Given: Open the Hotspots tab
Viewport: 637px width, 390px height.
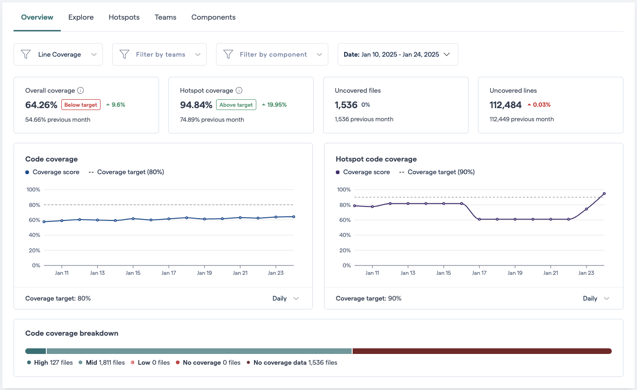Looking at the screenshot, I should [124, 17].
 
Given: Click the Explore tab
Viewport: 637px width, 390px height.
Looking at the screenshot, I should [81, 17].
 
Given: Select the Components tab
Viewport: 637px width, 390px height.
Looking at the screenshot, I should [213, 17].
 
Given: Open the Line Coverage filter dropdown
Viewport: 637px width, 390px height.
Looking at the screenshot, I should [58, 54].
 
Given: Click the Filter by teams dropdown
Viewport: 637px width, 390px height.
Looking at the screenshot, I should [159, 54].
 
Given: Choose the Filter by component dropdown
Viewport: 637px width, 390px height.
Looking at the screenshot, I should [272, 54].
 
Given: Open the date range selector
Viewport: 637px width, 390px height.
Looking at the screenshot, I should [398, 54].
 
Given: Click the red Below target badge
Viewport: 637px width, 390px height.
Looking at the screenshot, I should [81, 105].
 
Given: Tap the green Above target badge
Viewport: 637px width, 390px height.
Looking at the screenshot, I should [236, 105].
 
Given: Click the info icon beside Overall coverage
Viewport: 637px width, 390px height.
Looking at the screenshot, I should [80, 90].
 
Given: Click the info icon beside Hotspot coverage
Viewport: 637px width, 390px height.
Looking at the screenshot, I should [239, 90].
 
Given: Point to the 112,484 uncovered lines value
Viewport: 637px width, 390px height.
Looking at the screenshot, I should [505, 105].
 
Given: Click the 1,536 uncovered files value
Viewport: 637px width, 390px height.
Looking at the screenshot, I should [346, 105].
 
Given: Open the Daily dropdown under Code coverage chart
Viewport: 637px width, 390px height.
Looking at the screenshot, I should [285, 298].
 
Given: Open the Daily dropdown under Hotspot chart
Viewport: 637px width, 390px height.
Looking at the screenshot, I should [596, 298].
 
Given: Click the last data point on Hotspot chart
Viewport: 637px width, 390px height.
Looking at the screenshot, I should [604, 193].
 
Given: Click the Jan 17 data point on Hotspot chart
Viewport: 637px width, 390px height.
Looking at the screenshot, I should [479, 219].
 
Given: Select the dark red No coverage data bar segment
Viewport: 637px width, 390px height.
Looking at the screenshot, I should [482, 351].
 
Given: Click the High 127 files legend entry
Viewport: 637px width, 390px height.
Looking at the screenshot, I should [50, 362].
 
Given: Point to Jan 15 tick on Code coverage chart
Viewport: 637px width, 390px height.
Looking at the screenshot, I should [133, 272].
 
